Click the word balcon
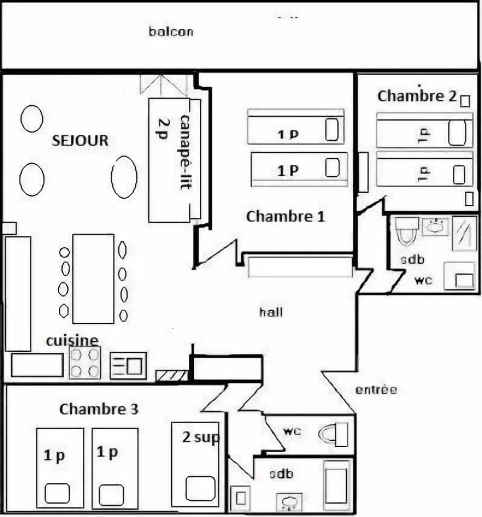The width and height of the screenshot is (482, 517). point(171,32)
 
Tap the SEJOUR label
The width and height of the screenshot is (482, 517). point(80,141)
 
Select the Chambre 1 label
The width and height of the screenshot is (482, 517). point(285,217)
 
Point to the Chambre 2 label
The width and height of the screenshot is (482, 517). point(417,96)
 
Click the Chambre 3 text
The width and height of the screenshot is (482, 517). point(99,409)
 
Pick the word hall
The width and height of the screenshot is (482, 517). point(271,312)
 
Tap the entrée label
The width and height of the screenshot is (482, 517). point(376,390)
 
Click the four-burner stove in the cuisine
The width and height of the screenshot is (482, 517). point(84,362)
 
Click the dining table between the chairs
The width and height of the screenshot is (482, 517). point(93,279)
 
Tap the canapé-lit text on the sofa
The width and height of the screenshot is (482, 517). point(185,152)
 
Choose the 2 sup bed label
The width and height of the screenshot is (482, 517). point(201,438)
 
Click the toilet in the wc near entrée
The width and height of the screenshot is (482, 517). point(334,434)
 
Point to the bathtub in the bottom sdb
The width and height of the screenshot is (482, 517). point(336,485)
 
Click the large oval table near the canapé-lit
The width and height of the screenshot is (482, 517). point(124,177)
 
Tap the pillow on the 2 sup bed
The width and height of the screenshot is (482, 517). point(200,488)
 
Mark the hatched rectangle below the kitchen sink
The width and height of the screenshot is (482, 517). point(172,375)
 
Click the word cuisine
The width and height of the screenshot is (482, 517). point(72,341)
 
